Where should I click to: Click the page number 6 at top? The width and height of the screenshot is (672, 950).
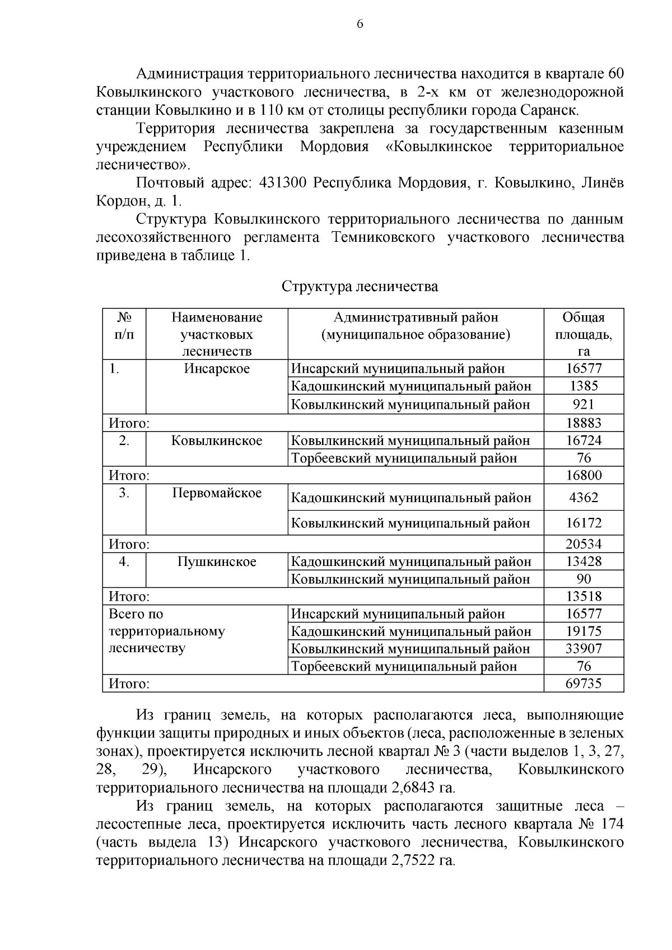point(360,24)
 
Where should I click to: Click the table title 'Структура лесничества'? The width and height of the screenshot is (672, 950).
point(360,287)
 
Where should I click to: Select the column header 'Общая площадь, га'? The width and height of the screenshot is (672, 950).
point(584,334)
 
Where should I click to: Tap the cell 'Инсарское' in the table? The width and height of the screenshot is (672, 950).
point(217,368)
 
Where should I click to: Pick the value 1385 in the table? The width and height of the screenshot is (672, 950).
point(584,386)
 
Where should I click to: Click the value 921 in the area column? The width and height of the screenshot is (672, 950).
point(584,404)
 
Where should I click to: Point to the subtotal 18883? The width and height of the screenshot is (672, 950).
point(584,423)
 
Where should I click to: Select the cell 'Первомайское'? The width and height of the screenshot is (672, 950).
point(217,493)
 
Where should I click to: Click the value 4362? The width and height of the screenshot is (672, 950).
point(584,497)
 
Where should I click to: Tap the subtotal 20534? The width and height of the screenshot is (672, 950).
point(584,544)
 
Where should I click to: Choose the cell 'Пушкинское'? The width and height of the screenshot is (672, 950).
point(217,561)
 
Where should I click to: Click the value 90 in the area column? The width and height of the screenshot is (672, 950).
point(584,579)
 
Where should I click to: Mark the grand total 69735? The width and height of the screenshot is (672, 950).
point(584,684)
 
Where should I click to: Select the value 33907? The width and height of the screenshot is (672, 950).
point(584,649)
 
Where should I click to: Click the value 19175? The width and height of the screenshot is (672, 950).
point(584,631)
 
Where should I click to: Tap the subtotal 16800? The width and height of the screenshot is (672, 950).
point(584,475)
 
